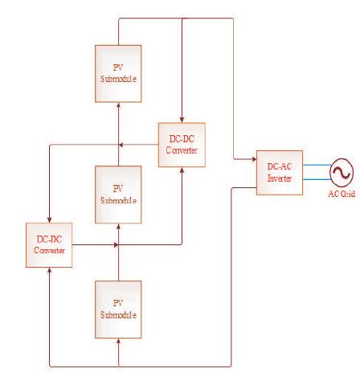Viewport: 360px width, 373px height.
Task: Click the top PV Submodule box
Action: pyautogui.click(x=118, y=74)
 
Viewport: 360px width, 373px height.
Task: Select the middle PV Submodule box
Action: pyautogui.click(x=118, y=195)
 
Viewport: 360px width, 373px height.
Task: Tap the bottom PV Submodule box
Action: pyautogui.click(x=118, y=309)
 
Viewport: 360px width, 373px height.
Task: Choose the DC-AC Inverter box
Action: pyautogui.click(x=280, y=173)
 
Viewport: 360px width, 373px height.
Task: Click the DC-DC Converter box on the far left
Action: pyautogui.click(x=49, y=245)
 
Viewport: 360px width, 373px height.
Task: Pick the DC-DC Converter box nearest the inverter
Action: pyautogui.click(x=182, y=145)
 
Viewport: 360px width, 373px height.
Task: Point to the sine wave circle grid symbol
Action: pyautogui.click(x=342, y=173)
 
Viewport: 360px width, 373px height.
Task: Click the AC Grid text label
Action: pyautogui.click(x=342, y=194)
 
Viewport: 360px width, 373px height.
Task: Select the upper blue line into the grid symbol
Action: pyautogui.click(x=317, y=165)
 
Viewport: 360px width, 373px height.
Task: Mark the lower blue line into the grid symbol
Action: pyautogui.click(x=317, y=179)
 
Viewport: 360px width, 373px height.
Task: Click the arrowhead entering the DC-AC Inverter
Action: pyautogui.click(x=254, y=159)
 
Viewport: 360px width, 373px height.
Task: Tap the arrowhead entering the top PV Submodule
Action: pyautogui.click(x=118, y=105)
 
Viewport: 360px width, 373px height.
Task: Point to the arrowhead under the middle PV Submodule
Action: pyautogui.click(x=118, y=227)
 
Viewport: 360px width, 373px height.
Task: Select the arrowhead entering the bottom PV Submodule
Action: pyautogui.click(x=118, y=341)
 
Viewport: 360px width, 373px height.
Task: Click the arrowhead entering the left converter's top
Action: pyautogui.click(x=49, y=220)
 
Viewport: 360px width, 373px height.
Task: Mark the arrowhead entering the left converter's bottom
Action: pyautogui.click(x=49, y=270)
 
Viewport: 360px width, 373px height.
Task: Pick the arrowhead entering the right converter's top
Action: pyautogui.click(x=182, y=120)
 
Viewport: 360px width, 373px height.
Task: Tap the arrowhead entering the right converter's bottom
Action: pyautogui.click(x=182, y=170)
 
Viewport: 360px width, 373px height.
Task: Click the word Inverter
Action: pyautogui.click(x=280, y=178)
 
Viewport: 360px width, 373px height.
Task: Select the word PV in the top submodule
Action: pyautogui.click(x=118, y=68)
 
